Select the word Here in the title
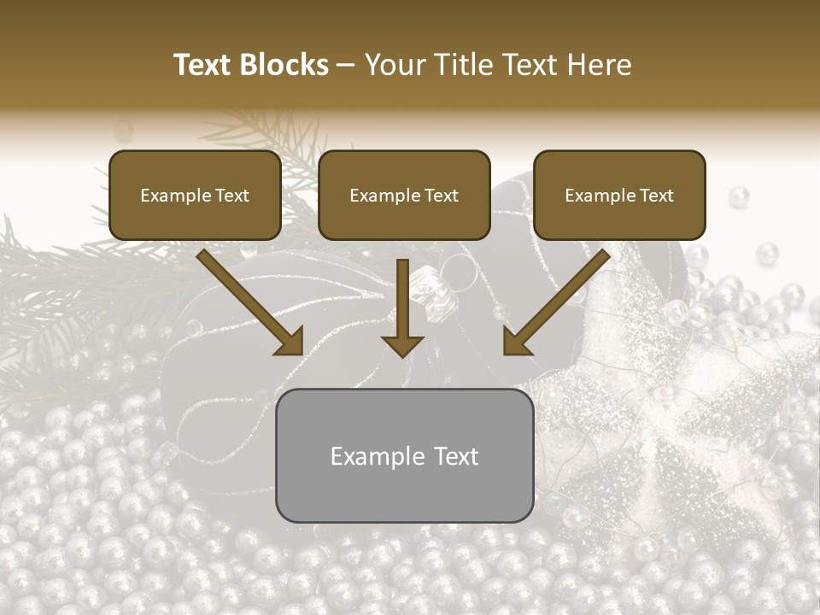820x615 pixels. point(598,65)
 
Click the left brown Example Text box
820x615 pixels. point(195,196)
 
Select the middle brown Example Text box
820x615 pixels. point(404,196)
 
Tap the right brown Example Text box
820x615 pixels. point(619,196)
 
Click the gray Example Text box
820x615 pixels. point(404,455)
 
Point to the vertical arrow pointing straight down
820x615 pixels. point(402,307)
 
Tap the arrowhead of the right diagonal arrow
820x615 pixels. point(518,341)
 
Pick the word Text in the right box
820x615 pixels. point(656,196)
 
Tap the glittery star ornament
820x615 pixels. point(675,410)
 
